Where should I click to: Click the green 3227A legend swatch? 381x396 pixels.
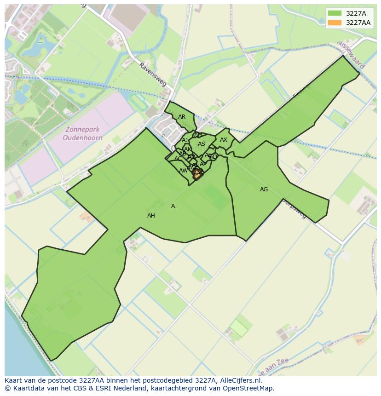335,13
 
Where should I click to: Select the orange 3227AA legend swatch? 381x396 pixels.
335,23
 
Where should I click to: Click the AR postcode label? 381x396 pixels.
182,117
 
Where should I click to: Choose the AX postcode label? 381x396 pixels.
224,140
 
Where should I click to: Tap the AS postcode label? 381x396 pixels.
202,144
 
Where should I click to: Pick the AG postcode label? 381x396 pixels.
264,189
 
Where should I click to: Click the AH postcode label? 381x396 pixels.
151,216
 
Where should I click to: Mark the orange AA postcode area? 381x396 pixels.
197,174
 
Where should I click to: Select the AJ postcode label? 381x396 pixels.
185,140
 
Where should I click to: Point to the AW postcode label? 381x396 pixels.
183,171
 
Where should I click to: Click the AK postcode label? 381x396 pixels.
187,149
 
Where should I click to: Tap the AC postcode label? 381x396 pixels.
178,159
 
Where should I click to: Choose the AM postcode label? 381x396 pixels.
198,135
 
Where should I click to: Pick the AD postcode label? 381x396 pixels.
213,157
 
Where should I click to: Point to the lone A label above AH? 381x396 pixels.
173,206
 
